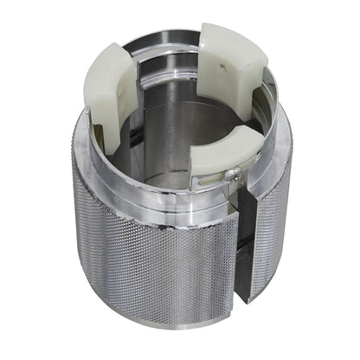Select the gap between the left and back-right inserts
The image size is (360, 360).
coord(164,43)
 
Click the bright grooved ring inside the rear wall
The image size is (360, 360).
coord(164,65)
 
